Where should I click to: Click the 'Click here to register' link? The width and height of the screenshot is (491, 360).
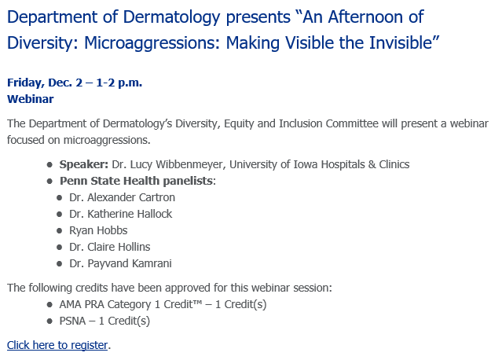57,345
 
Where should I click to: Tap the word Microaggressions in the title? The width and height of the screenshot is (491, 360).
154,42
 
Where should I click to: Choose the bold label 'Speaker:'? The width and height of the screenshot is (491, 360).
84,164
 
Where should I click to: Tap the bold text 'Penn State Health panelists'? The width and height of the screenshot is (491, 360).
137,181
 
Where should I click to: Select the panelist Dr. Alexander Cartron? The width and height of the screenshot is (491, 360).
122,197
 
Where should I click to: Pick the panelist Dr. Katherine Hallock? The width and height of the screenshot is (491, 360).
120,214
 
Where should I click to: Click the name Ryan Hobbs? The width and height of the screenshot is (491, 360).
97,230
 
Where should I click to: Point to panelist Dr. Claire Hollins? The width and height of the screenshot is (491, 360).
109,247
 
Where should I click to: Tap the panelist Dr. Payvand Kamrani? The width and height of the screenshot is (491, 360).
120,263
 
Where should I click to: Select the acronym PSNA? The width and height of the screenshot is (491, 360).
75,321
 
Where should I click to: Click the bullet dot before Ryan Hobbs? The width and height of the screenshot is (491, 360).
60,230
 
